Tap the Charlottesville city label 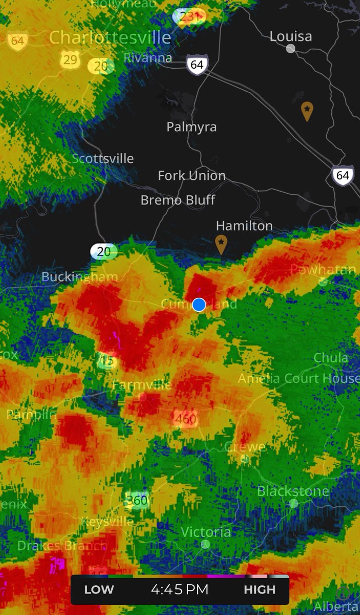110,37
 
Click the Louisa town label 291,36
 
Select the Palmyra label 191,127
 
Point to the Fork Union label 192,176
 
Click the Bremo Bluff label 178,200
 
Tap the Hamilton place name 244,225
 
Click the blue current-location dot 199,304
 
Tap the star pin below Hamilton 221,243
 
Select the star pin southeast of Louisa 307,110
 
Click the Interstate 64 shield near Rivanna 197,65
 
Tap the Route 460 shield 186,419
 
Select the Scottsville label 103,158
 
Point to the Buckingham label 79,277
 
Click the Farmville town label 142,384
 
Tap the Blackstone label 293,491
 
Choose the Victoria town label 205,532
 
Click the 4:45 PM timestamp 179,589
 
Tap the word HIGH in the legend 259,589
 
